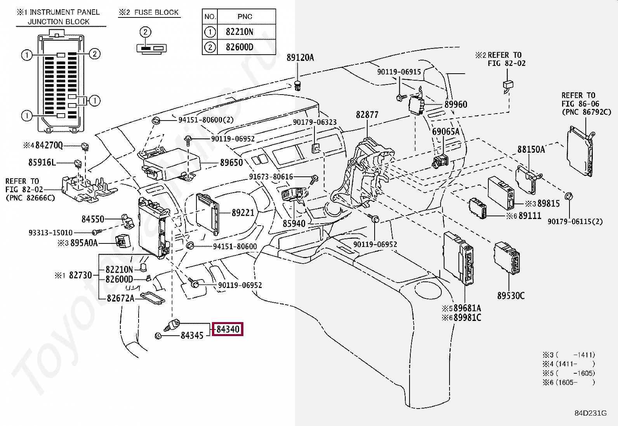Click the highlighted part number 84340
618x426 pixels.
pyautogui.click(x=228, y=329)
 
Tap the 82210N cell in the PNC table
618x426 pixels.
pyautogui.click(x=240, y=32)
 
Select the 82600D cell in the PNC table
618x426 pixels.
pyautogui.click(x=240, y=47)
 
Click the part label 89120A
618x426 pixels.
pyautogui.click(x=300, y=58)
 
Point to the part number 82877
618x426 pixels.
pyautogui.click(x=367, y=115)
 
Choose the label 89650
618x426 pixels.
pyautogui.click(x=231, y=162)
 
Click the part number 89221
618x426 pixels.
pyautogui.click(x=243, y=213)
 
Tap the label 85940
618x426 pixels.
pyautogui.click(x=294, y=224)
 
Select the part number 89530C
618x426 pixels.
pyautogui.click(x=511, y=296)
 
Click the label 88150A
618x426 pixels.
pyautogui.click(x=531, y=149)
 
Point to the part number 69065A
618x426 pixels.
pyautogui.click(x=446, y=132)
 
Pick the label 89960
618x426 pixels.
pyautogui.click(x=456, y=104)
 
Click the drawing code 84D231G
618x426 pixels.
pyautogui.click(x=591, y=413)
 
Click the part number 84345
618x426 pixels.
pyautogui.click(x=192, y=335)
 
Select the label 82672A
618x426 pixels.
pyautogui.click(x=121, y=298)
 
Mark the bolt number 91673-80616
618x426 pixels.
pyautogui.click(x=271, y=177)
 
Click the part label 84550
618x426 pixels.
pyautogui.click(x=93, y=219)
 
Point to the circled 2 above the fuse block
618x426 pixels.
pyautogui.click(x=146, y=32)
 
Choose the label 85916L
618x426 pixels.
pyautogui.click(x=42, y=162)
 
